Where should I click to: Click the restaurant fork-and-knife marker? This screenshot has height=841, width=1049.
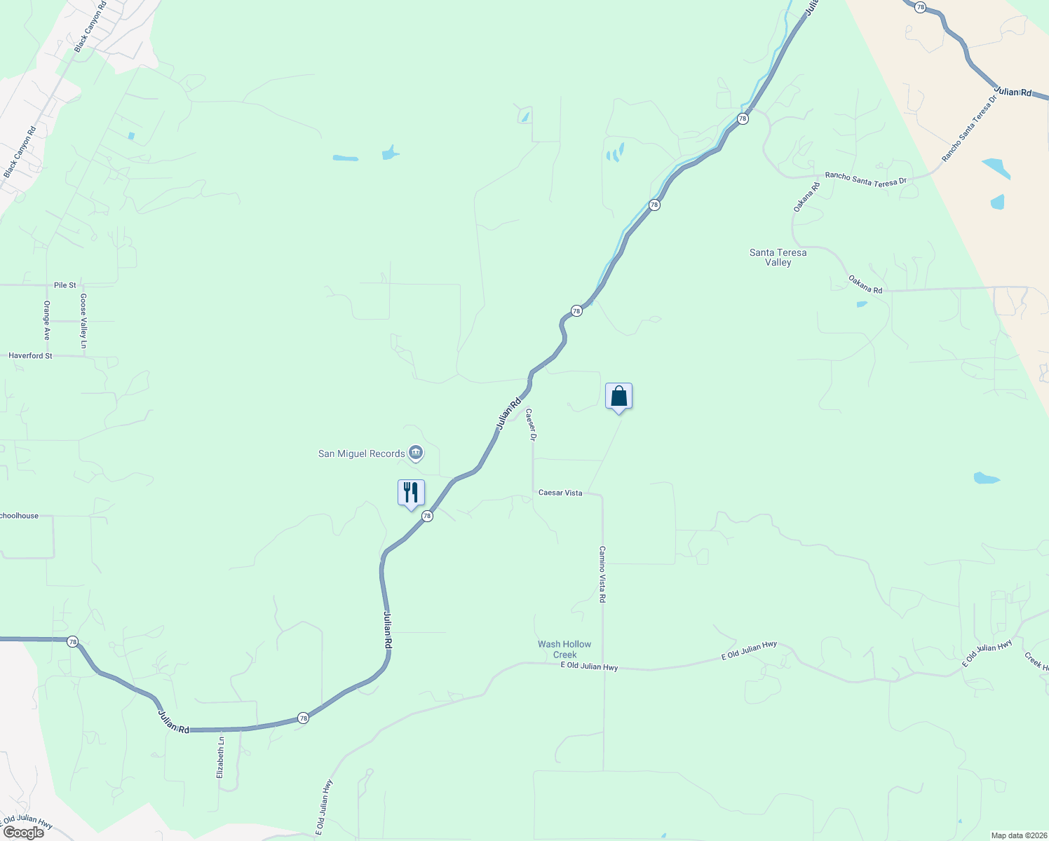(411, 493)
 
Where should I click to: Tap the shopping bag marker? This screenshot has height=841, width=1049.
(618, 397)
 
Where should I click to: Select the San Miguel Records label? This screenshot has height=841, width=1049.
(362, 453)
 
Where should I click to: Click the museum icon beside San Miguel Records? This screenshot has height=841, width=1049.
(416, 453)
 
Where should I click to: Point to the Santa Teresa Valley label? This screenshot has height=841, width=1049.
(778, 257)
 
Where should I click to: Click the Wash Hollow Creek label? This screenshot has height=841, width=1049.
(564, 649)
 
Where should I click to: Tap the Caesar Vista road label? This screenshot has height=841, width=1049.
(560, 493)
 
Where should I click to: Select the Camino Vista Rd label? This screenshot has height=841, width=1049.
(602, 575)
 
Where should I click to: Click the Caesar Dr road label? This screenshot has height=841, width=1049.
(531, 425)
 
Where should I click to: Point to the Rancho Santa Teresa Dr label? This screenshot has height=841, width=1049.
(865, 179)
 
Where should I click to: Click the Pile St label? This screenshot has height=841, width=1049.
(65, 285)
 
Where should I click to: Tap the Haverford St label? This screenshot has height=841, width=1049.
(30, 356)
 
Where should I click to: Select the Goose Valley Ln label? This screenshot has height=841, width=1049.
(83, 321)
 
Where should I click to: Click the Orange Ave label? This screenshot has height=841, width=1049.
(47, 320)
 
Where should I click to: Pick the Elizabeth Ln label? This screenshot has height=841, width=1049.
(220, 756)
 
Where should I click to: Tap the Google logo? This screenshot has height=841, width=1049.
(23, 832)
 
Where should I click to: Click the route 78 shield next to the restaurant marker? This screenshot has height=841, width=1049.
(427, 516)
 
